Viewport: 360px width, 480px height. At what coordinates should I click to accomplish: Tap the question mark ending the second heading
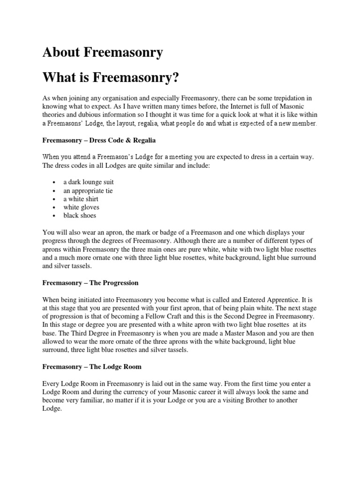coord(176,77)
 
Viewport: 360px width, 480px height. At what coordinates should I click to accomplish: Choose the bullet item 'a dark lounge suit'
coord(89,182)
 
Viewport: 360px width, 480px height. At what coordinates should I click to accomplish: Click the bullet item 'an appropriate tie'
coord(88,191)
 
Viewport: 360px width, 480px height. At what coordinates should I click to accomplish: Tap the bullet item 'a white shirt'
coord(81,199)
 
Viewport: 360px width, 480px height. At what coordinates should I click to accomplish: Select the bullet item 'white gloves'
coord(82,207)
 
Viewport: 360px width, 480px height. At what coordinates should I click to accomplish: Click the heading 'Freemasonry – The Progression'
coord(90,283)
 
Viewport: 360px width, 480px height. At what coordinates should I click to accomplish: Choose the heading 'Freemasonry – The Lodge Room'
coord(91,366)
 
